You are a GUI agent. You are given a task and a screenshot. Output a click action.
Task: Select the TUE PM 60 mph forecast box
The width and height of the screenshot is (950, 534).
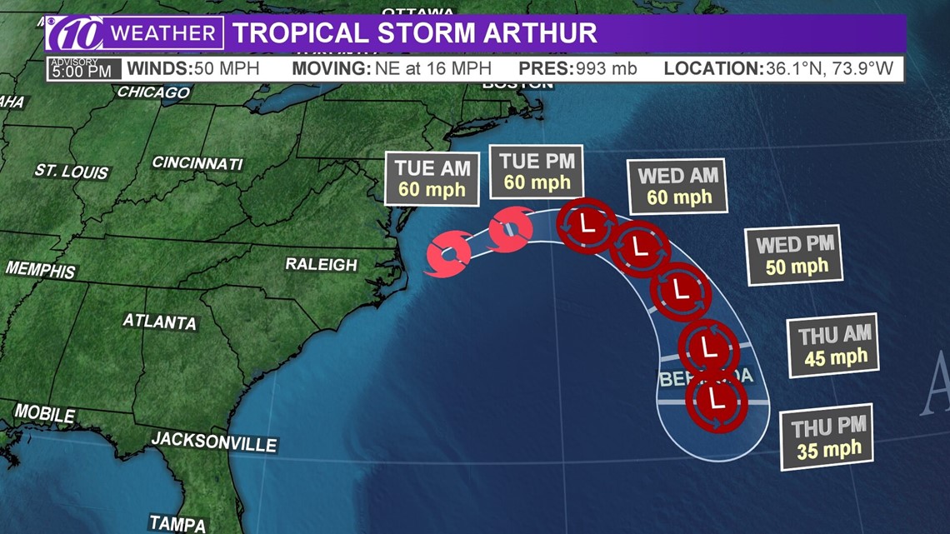tap(537, 172)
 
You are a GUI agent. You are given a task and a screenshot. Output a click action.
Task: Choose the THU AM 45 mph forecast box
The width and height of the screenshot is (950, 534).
tap(836, 347)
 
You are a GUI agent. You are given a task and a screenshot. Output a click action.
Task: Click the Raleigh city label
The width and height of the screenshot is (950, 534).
tap(321, 264)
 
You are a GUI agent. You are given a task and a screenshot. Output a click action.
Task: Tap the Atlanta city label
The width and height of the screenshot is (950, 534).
tap(160, 321)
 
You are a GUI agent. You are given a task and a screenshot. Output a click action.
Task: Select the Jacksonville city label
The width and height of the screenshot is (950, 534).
tap(213, 441)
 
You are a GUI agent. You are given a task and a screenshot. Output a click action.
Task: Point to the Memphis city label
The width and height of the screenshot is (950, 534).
tap(40, 270)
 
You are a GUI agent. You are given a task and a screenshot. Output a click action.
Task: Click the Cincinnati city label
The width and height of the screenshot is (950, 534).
tap(197, 162)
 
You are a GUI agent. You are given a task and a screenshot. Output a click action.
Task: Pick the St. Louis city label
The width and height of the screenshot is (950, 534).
tap(72, 171)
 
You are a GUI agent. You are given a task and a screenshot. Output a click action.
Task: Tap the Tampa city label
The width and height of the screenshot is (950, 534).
tap(177, 523)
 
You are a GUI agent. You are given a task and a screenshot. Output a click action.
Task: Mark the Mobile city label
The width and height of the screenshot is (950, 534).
tap(45, 413)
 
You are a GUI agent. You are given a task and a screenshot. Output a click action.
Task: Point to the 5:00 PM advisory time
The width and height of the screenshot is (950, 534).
tap(81, 71)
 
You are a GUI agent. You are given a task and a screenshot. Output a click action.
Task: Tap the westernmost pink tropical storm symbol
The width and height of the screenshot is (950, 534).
tap(448, 256)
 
